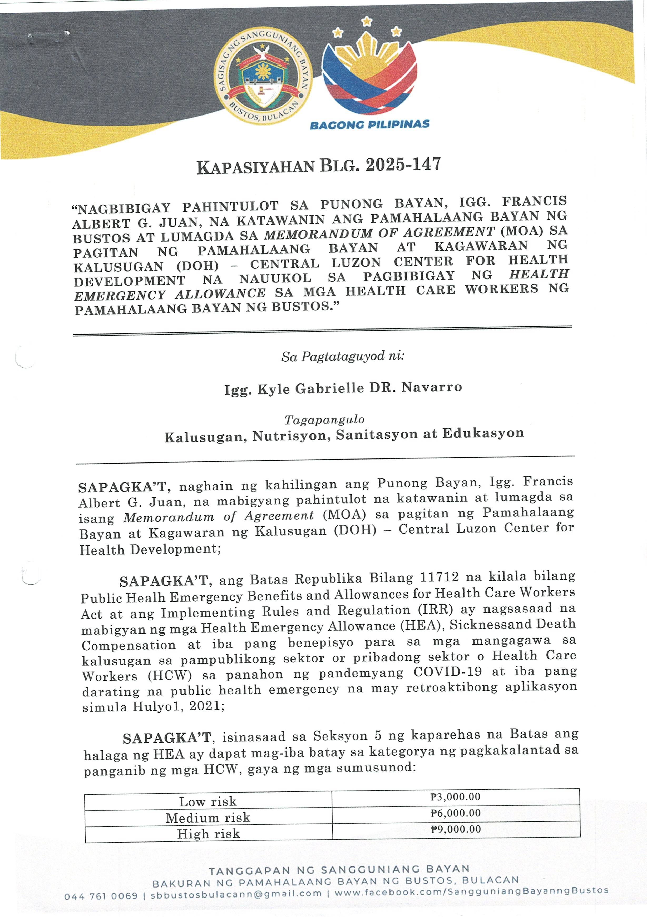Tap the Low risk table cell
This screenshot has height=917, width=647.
tap(208, 801)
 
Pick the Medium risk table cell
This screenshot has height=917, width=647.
tap(208, 818)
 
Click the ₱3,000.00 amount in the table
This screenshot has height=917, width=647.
tap(455, 797)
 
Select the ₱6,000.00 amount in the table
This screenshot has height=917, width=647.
tap(456, 813)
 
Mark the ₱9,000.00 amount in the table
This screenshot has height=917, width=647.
tap(456, 829)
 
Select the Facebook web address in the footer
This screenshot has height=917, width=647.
tap(472, 891)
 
